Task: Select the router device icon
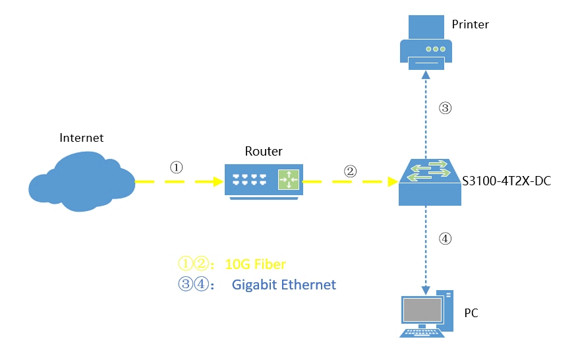point(263,179)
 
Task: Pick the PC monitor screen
point(422,309)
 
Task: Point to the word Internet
point(82,138)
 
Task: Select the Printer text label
point(471,24)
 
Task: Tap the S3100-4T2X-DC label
point(506,179)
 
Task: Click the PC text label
point(471,313)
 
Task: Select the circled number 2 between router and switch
point(350,170)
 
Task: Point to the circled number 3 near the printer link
point(445,109)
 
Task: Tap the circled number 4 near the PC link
point(446,239)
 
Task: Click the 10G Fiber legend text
point(256,264)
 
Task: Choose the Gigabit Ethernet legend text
point(284,285)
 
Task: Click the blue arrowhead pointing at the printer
point(426,73)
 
